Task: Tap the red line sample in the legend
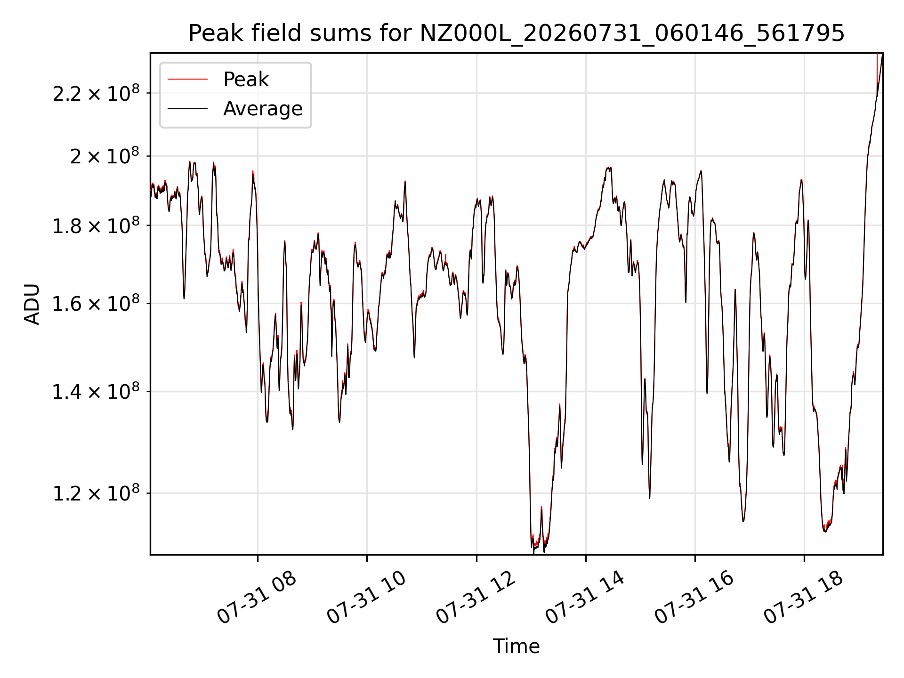[x=187, y=80]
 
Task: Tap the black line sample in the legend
[x=187, y=109]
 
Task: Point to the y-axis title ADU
[x=32, y=304]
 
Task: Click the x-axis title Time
[x=516, y=646]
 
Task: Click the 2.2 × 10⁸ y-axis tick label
[x=96, y=93]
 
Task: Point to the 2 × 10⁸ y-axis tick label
[x=105, y=156]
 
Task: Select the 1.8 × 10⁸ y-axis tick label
[x=96, y=226]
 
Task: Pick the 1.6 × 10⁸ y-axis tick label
[x=96, y=304]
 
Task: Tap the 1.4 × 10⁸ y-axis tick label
[x=96, y=391]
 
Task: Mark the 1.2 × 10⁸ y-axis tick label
[x=96, y=493]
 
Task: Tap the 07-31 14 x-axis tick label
[x=584, y=597]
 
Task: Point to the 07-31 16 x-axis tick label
[x=694, y=597]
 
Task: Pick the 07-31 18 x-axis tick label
[x=803, y=597]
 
